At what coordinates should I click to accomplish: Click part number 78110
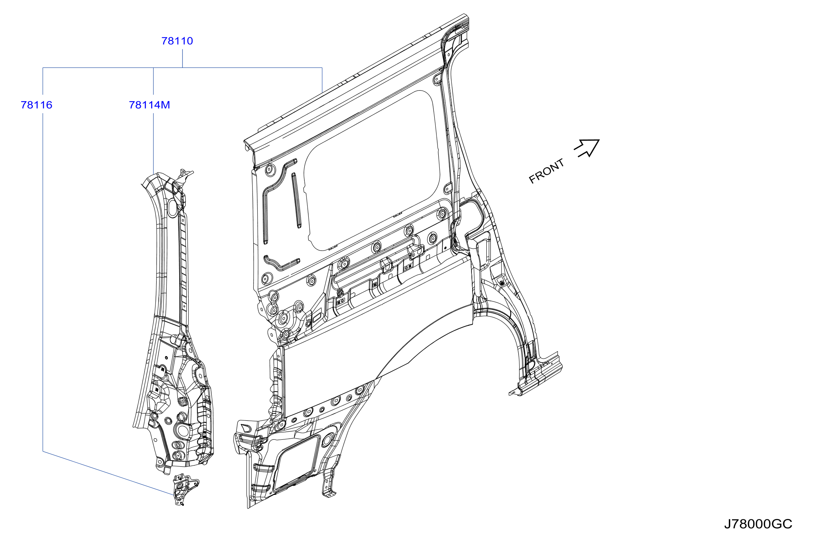click(177, 41)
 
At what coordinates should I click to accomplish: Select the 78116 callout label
click(36, 105)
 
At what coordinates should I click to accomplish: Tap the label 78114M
click(149, 105)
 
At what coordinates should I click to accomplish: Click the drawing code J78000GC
click(758, 524)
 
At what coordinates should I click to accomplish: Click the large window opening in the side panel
click(372, 172)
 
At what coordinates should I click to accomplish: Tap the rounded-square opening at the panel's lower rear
click(296, 463)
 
